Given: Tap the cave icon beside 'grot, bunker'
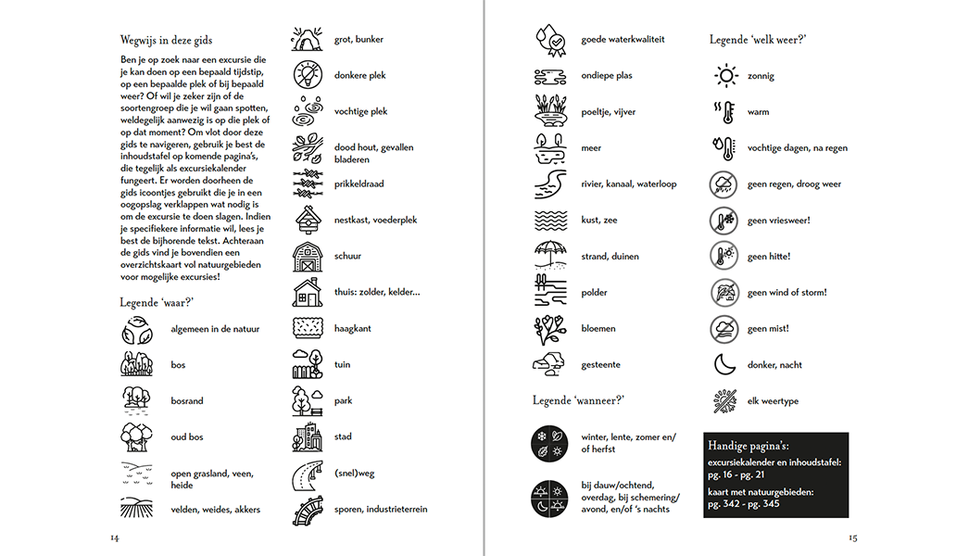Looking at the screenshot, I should point(307,39).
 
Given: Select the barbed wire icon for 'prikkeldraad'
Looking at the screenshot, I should point(307,183).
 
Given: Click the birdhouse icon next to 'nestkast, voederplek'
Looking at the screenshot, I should point(307,220).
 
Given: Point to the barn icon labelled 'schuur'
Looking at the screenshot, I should point(307,256).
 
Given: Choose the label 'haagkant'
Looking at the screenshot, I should point(353,328).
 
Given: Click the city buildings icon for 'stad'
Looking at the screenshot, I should point(307,436).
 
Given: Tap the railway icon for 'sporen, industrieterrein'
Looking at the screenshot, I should point(307,509).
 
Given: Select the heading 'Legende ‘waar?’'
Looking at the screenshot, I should point(157,302).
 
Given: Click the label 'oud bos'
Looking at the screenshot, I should point(187,437).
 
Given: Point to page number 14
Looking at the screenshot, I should point(115,537).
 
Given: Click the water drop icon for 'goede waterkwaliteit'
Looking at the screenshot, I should point(547,40).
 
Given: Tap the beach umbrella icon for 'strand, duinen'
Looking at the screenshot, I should point(547,256).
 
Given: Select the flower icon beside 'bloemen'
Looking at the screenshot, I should point(547,328).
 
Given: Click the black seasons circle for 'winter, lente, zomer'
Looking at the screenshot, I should point(547,442).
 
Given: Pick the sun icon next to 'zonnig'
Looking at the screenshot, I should point(724,76).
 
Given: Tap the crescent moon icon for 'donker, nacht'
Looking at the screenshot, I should point(724,365).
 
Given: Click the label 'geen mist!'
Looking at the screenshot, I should point(768,329).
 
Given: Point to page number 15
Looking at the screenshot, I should point(852,537).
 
